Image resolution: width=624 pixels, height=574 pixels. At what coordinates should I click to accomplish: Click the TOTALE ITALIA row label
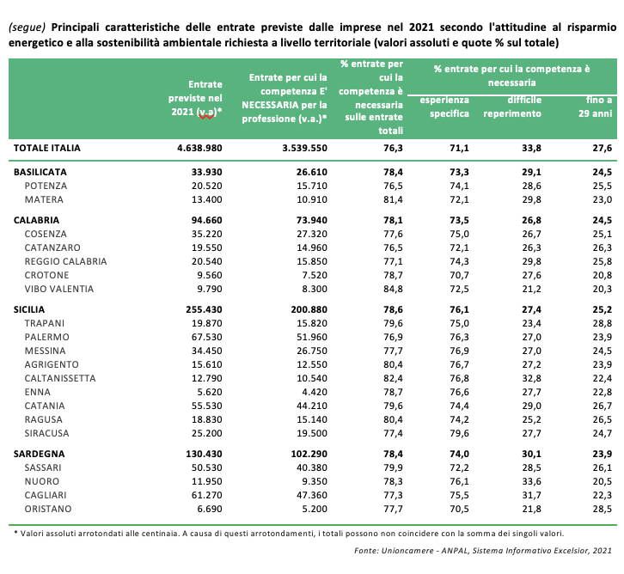tap(47, 148)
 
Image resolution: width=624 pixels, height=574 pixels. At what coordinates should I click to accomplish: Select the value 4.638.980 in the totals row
tap(199, 148)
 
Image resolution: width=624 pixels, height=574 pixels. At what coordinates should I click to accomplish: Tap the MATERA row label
tap(44, 199)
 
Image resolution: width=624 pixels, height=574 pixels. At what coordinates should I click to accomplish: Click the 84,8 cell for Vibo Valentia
tap(393, 289)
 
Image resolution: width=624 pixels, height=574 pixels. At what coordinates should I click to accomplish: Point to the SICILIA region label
tap(29, 309)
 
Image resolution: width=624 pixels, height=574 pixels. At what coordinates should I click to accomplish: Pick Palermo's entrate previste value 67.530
tap(207, 337)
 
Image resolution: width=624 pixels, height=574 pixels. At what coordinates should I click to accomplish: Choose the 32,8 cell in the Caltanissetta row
tap(532, 378)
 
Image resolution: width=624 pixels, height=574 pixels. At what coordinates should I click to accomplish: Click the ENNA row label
tap(38, 392)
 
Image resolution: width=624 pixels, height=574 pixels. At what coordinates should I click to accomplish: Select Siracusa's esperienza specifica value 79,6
tap(460, 433)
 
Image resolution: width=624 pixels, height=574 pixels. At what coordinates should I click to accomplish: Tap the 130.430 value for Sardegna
tap(205, 454)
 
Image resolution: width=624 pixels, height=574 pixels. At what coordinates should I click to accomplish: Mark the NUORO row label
tap(42, 481)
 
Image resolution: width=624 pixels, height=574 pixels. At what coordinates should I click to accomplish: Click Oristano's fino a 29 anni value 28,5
tap(603, 509)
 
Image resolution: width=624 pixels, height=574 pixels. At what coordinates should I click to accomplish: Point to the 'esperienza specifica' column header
tap(444, 107)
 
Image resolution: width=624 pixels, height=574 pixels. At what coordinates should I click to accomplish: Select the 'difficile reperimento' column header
tap(512, 107)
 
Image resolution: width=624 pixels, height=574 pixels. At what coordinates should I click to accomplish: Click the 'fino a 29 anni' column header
tap(596, 107)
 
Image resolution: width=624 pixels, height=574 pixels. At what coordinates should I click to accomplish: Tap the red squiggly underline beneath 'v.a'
tap(206, 117)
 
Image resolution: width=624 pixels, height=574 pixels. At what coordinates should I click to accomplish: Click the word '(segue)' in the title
tap(27, 27)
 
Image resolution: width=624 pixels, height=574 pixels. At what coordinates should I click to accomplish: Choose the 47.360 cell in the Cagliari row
tap(312, 495)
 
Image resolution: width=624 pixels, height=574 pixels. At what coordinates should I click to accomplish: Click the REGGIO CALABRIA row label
tap(65, 261)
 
